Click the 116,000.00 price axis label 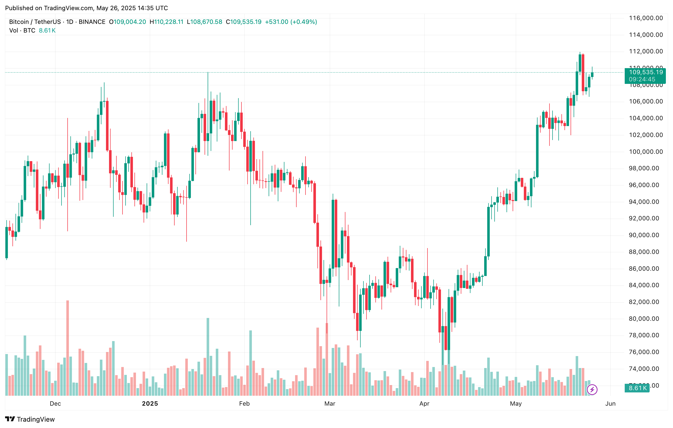646,18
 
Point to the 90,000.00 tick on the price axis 646,235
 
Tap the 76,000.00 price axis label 646,352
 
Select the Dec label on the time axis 55,403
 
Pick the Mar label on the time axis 330,403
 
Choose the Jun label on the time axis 610,403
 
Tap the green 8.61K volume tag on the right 637,388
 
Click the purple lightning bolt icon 592,389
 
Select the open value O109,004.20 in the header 127,22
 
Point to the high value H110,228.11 166,22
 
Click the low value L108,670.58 205,22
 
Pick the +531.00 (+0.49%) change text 291,22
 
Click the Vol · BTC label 22,30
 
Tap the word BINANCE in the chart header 92,22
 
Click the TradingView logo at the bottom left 30,419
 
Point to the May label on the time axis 516,403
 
